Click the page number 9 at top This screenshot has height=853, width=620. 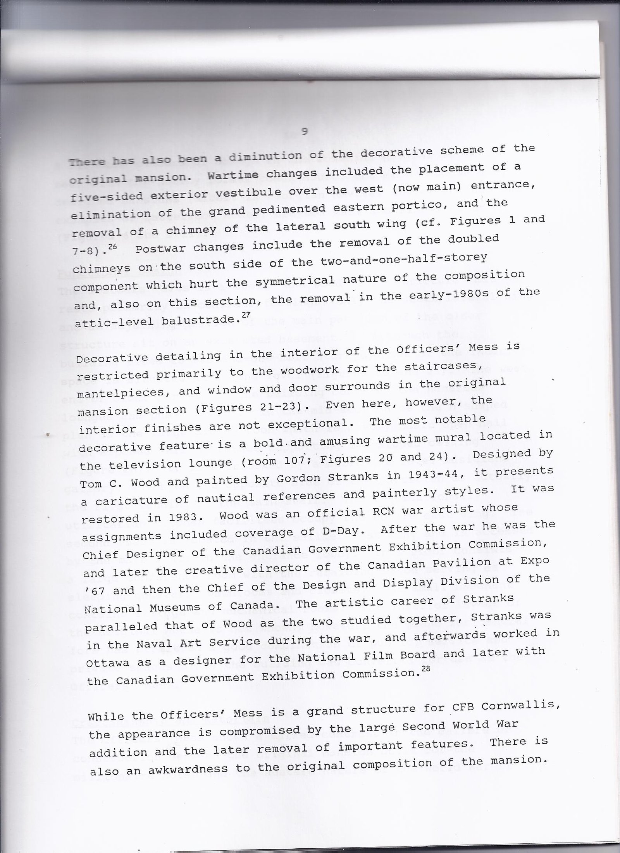coord(305,131)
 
